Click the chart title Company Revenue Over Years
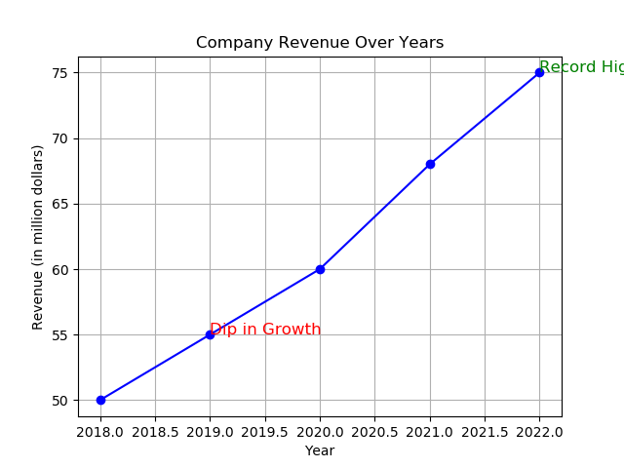[x=320, y=43]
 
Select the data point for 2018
[x=100, y=400]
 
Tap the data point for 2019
[x=210, y=334]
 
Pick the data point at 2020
[x=320, y=269]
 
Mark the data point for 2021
[x=430, y=164]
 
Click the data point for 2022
[x=539, y=72]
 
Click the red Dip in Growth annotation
[x=265, y=330]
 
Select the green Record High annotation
[x=581, y=67]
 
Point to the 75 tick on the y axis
[x=59, y=73]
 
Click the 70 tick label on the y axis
[x=59, y=138]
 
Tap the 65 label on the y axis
[x=59, y=204]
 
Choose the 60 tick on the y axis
[x=59, y=269]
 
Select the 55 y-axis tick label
[x=59, y=334]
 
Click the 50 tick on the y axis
[x=59, y=400]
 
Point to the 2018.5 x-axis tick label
[x=155, y=431]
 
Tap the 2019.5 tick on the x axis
[x=265, y=431]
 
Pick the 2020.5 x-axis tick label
[x=374, y=431]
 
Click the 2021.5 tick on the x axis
[x=485, y=431]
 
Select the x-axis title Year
[x=320, y=450]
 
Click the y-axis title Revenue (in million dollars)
[x=38, y=237]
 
